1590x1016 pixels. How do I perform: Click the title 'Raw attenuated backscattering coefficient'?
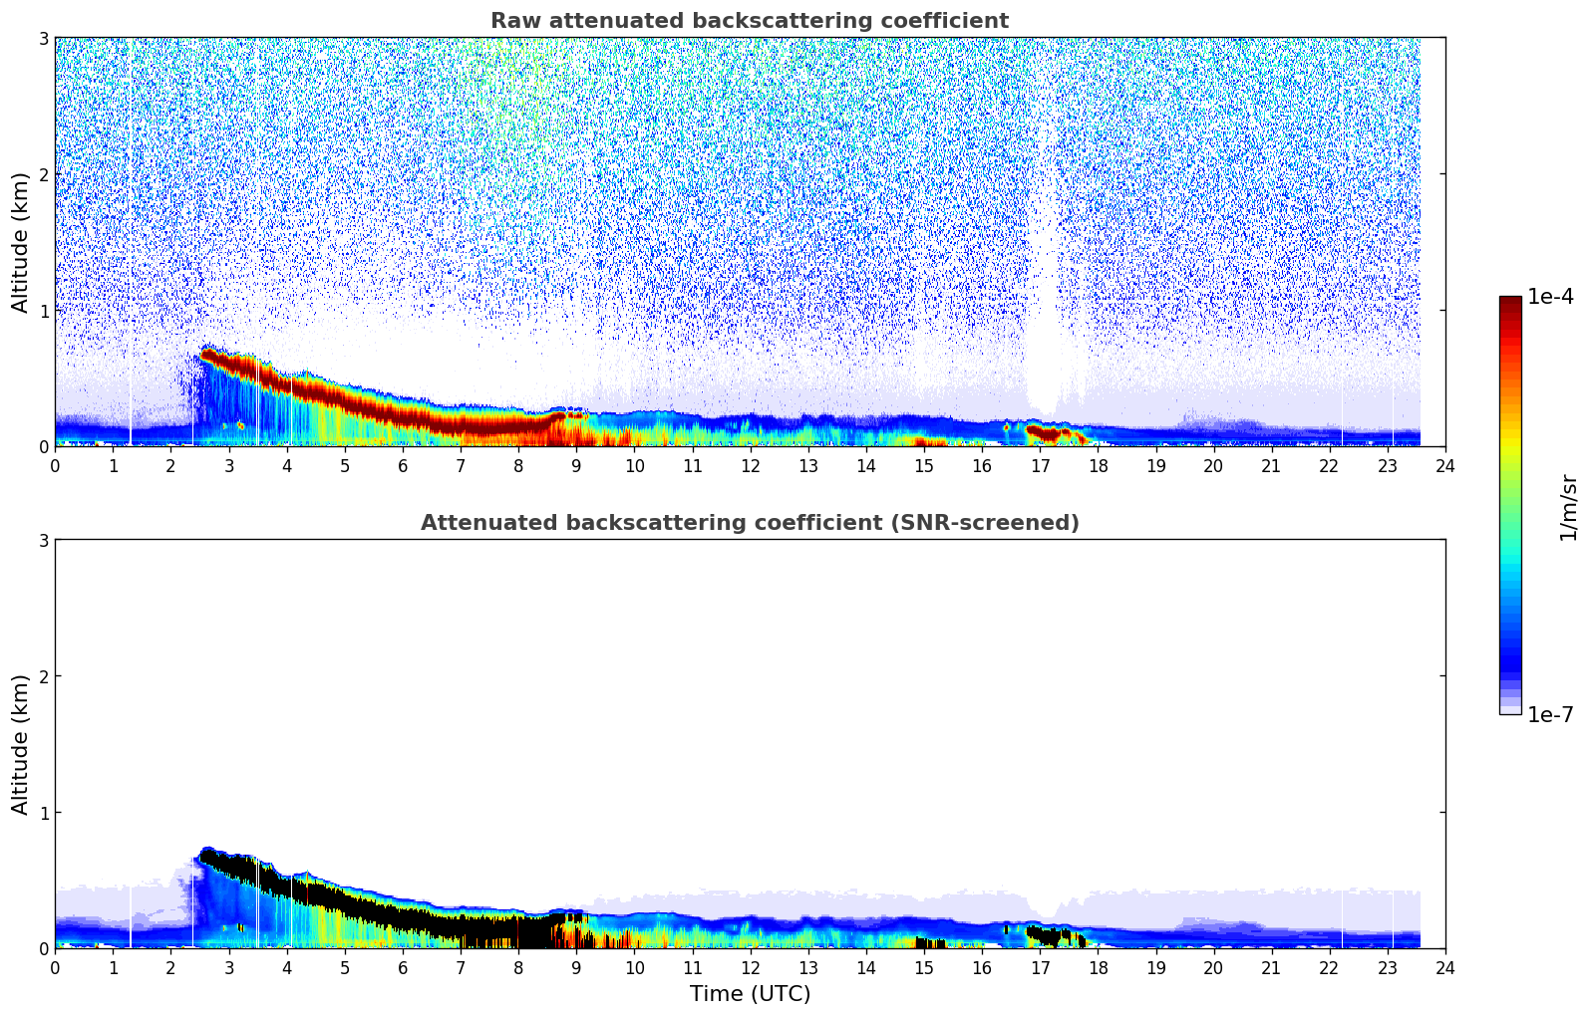749,21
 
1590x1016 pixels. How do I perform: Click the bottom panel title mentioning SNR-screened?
749,523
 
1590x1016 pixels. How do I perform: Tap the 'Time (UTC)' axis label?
750,993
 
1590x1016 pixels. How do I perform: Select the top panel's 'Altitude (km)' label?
20,242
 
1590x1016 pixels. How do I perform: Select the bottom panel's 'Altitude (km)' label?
20,744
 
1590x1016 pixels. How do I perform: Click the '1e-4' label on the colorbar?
1550,297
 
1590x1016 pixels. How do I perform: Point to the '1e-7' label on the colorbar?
1550,714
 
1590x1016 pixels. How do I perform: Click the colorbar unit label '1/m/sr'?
1568,506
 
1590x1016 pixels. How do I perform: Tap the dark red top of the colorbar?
1510,304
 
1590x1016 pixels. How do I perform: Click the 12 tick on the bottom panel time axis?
750,967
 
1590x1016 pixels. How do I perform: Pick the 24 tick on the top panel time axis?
1444,465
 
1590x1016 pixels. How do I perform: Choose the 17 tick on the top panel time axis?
1040,465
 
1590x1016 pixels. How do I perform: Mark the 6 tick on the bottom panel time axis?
403,967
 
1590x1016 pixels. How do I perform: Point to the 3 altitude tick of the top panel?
44,38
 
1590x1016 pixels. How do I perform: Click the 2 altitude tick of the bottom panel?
44,676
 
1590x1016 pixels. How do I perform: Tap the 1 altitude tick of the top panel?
44,310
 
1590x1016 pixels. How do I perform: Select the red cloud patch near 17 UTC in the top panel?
1046,432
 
